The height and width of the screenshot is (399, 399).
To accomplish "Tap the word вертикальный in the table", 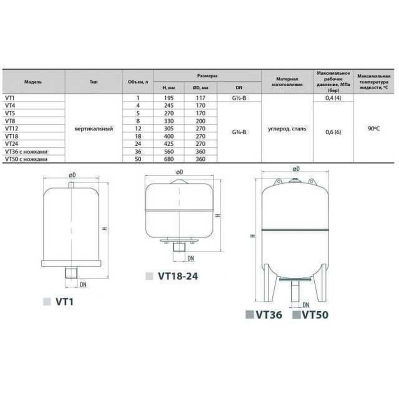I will point(93,129).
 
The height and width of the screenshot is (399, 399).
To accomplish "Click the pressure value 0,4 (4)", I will point(333,99).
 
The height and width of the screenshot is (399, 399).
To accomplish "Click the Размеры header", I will point(206,74).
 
